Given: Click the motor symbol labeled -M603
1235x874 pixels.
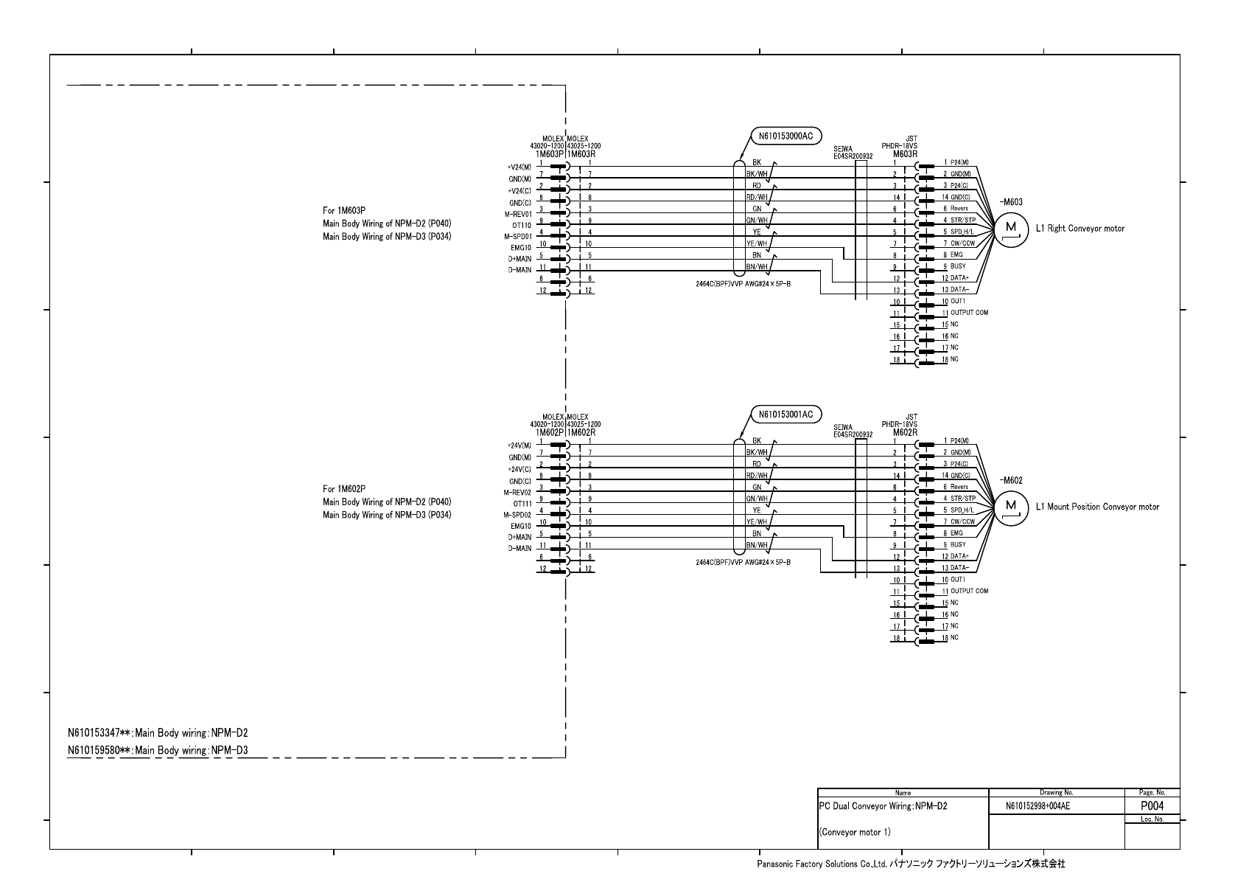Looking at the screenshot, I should pos(1011,228).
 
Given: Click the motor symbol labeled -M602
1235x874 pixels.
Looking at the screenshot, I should pos(1011,506).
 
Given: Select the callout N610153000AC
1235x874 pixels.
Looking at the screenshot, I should pos(786,136).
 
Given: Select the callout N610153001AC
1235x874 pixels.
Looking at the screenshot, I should pos(786,415).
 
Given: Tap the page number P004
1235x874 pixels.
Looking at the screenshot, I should pos(1152,805).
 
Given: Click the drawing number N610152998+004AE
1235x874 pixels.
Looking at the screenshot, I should pos(1038,806).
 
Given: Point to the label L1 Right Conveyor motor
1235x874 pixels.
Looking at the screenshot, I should pos(1080,229).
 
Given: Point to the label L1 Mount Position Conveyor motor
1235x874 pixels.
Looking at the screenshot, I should pos(1097,507).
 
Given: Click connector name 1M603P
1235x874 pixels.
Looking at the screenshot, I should pos(550,154).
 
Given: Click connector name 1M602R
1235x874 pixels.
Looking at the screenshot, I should pos(581,432).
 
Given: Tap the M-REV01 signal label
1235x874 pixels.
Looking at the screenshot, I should pos(517,214).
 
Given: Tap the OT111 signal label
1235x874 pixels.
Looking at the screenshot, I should pos(522,504).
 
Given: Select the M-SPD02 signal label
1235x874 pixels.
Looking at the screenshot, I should pos(517,515).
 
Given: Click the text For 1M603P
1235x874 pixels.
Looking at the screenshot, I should pos(344,210).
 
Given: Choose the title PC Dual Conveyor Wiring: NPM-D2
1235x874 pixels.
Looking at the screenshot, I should pos(883,806).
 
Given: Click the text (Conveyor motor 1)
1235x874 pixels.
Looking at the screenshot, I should pos(855,833).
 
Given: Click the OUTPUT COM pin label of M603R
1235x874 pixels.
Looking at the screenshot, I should pos(969,313).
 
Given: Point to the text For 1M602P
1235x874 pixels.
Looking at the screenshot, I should pos(344,488).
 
